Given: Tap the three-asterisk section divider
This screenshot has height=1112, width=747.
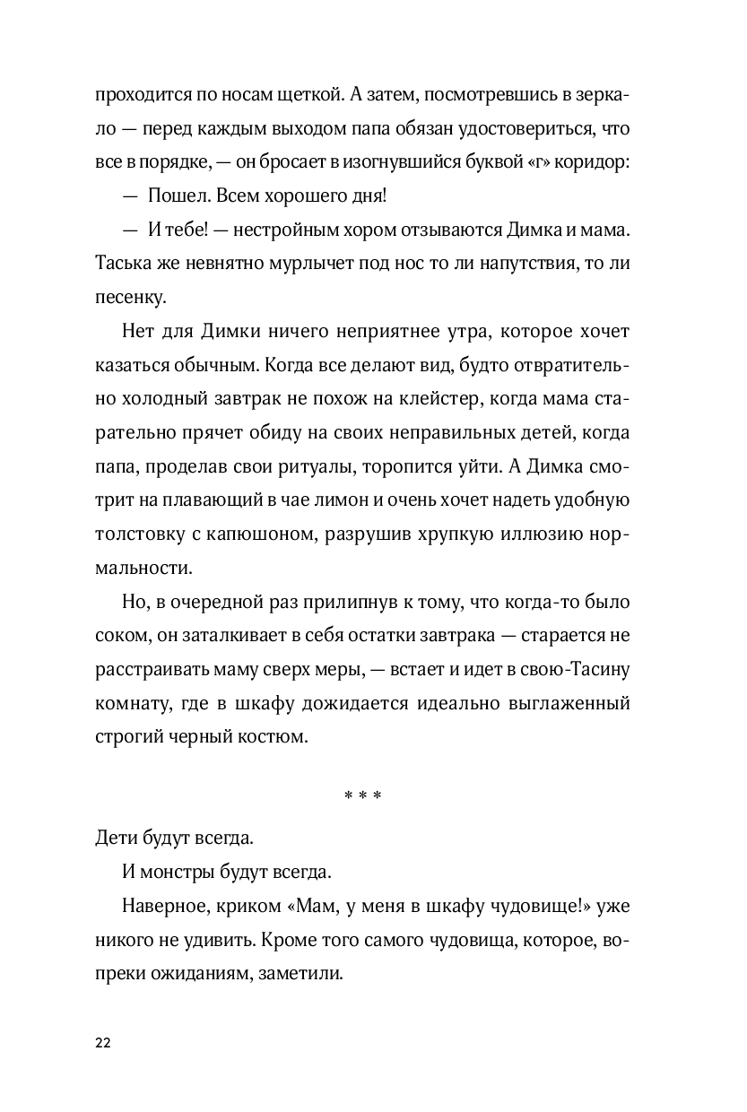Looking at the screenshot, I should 363,795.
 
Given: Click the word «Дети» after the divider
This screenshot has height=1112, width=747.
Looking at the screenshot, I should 118,838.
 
